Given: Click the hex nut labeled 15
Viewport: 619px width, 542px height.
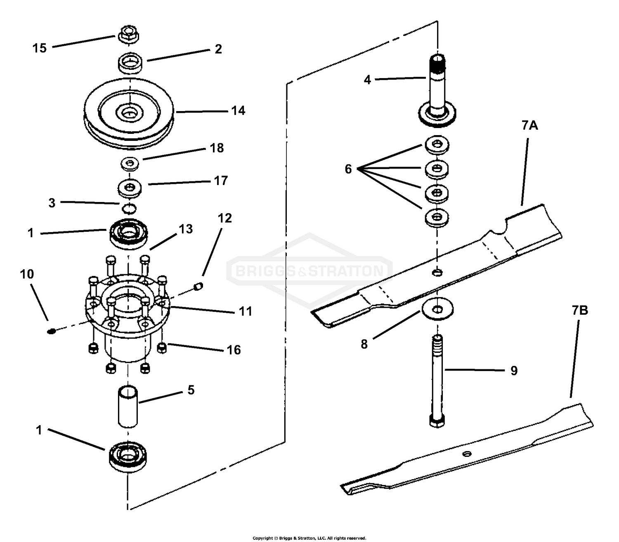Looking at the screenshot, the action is tap(129, 34).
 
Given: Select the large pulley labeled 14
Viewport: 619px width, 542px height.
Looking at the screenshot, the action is tap(129, 113).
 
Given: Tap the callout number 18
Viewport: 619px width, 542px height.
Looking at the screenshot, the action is tap(217, 148).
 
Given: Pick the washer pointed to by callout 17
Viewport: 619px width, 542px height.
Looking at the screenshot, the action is tap(129, 188).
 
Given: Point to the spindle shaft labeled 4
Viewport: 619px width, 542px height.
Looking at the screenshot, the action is tap(437, 91).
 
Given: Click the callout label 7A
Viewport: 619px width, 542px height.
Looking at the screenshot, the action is tap(530, 125).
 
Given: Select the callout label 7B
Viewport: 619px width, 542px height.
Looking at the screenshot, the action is tap(580, 310).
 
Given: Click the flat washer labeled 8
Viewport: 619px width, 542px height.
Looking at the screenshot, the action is tap(437, 309).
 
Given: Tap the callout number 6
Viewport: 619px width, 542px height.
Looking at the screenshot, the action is tap(348, 169).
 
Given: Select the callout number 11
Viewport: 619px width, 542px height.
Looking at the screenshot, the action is tap(246, 311).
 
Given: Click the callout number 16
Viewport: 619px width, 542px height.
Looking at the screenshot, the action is tap(234, 350).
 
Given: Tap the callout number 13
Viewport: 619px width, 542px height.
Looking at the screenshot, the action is tap(186, 229).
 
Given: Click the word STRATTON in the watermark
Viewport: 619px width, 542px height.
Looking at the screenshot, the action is tap(346, 271).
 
